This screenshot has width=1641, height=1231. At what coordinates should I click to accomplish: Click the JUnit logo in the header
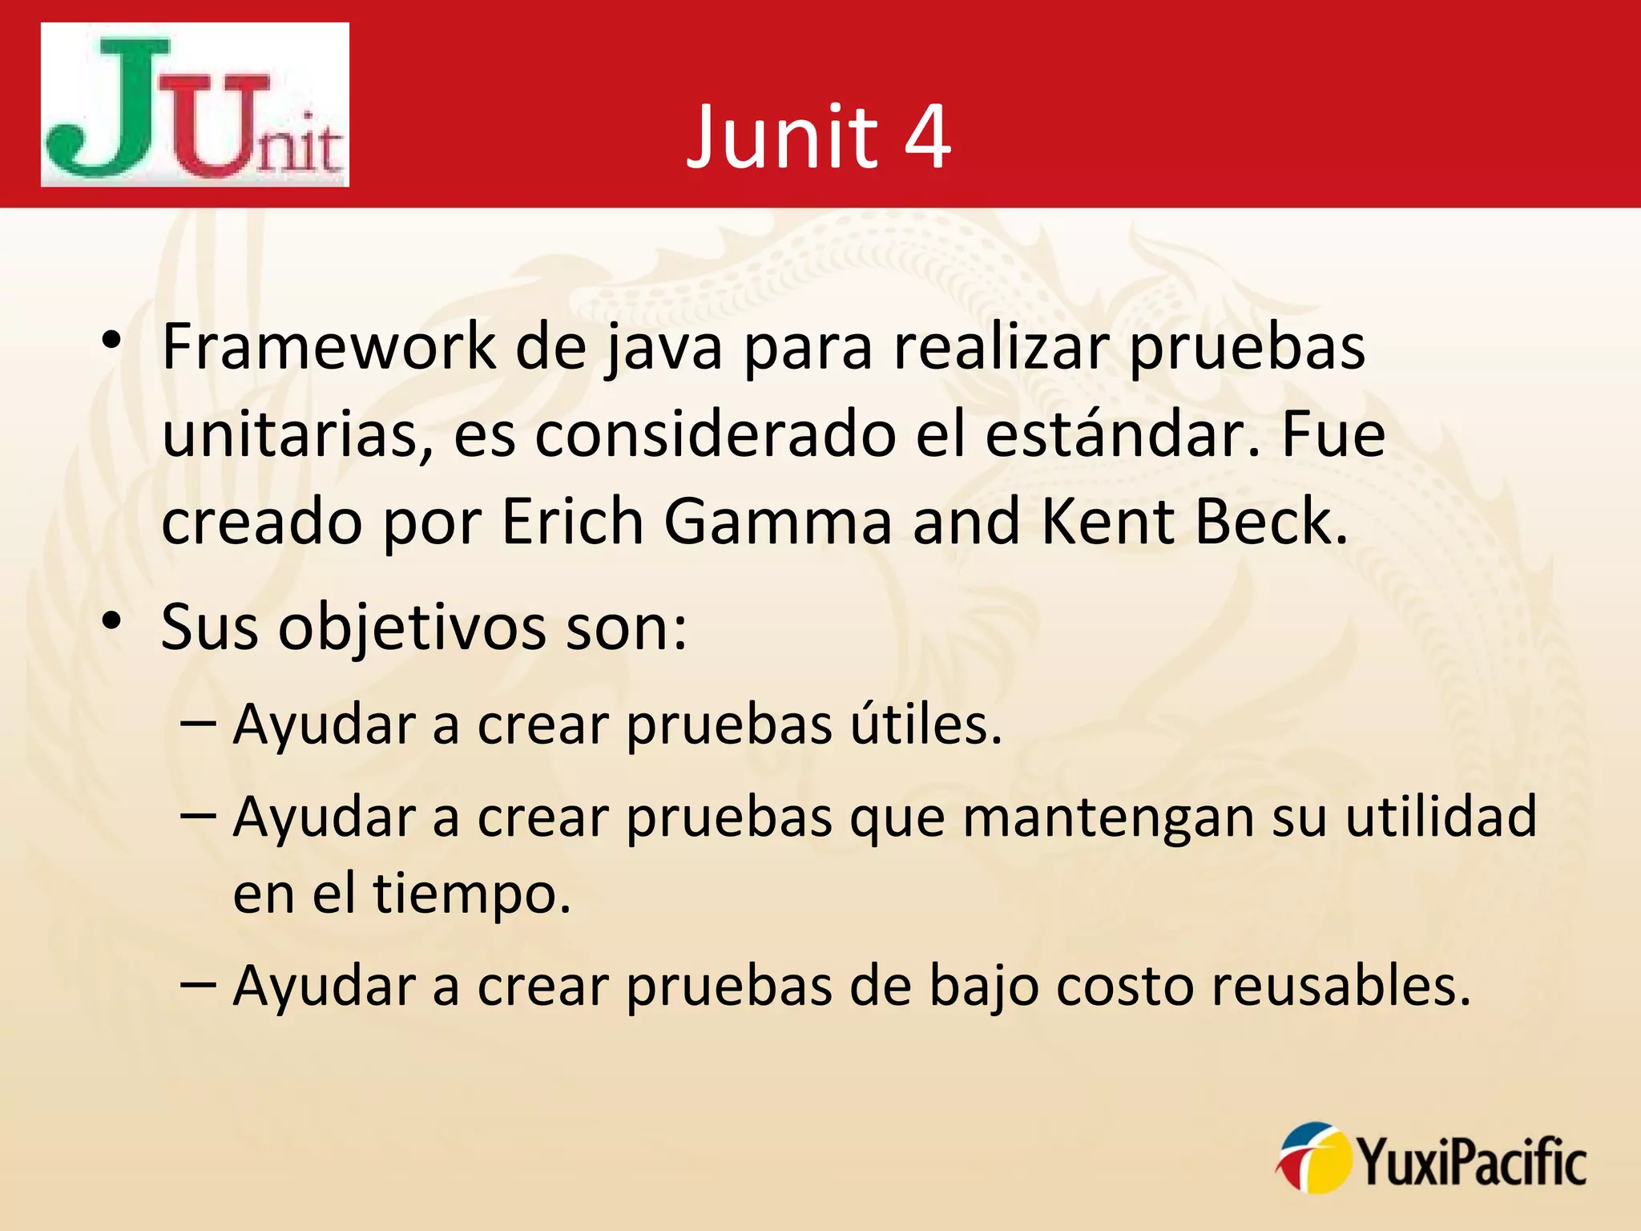coord(195,105)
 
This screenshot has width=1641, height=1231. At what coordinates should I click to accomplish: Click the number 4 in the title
coord(927,137)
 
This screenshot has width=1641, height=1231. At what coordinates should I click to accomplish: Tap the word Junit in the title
coord(782,137)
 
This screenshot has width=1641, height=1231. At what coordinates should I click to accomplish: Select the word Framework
coord(329,346)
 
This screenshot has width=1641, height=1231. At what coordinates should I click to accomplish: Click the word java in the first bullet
coord(663,348)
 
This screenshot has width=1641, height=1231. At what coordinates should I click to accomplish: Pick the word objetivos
coord(412,628)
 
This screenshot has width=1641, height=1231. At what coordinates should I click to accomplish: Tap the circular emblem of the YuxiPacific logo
coord(1312,1158)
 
